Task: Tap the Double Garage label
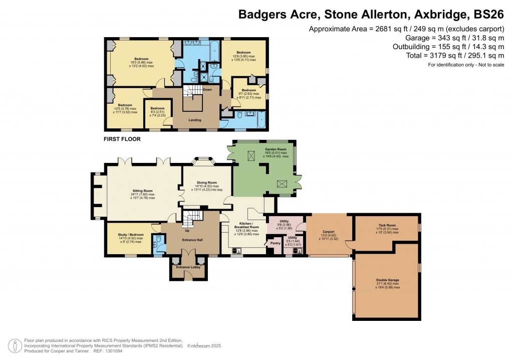388,280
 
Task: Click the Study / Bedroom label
130,235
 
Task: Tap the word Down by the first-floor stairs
207,90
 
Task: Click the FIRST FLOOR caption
122,139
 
